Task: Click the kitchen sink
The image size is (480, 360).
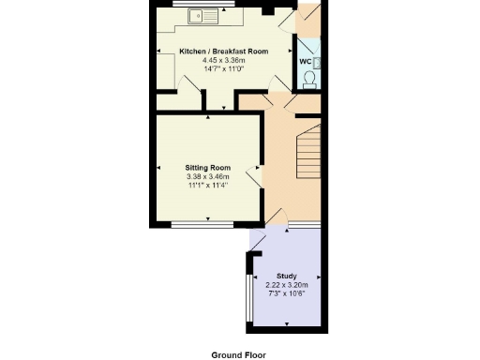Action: click(x=202, y=15)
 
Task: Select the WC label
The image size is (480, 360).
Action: click(x=305, y=61)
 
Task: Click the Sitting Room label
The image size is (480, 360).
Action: click(x=207, y=168)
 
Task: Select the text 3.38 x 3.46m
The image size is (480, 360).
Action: click(x=207, y=177)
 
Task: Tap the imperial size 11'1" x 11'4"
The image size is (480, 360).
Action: click(x=207, y=187)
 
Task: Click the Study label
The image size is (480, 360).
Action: click(x=287, y=276)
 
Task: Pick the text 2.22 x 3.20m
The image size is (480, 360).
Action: click(x=287, y=285)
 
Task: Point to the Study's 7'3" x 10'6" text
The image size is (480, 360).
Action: click(x=287, y=294)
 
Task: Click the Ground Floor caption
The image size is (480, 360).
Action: click(x=238, y=354)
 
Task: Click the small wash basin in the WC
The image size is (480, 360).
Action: click(x=319, y=62)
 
